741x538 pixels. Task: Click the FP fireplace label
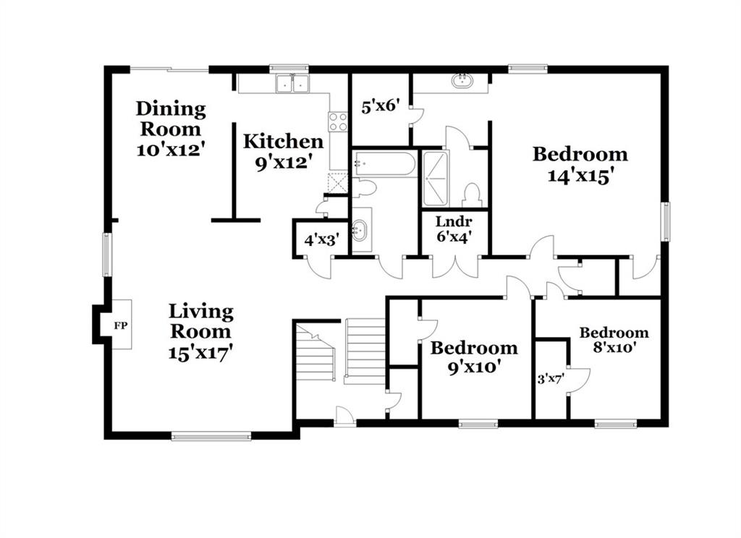coord(121,325)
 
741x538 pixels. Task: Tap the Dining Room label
coord(171,119)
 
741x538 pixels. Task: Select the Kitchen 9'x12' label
coord(283,152)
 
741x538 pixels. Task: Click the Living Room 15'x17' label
coord(201,332)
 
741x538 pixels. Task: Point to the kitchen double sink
coord(293,84)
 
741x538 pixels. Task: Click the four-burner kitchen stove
coord(338,121)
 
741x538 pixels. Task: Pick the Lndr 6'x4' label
coord(454,229)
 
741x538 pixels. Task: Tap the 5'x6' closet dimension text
coord(381,106)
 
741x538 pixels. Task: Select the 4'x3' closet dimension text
coord(321,240)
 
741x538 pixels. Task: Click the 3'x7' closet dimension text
coord(551,379)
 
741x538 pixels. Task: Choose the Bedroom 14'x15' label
coord(580,164)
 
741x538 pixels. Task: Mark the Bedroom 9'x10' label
coord(474,357)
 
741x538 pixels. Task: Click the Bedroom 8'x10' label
coord(614,340)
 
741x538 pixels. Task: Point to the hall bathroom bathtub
coord(385,164)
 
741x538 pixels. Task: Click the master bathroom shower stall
coord(435,179)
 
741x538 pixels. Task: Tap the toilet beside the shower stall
coord(472,195)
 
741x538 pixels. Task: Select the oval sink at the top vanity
coord(462,81)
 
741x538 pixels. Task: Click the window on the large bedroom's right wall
coord(666,221)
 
